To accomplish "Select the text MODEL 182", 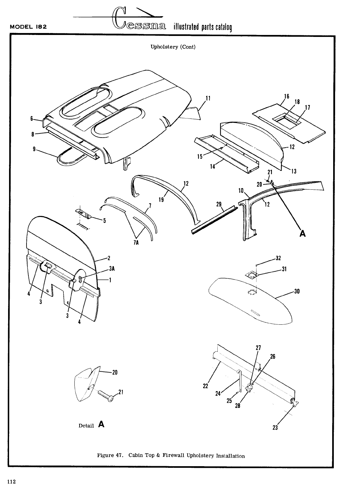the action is point(29,27).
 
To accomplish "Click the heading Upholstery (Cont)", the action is point(173,47).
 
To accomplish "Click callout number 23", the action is point(275,427).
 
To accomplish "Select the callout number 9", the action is point(34,150).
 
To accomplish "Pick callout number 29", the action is point(219,204).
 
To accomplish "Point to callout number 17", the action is point(307,107).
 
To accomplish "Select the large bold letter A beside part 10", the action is point(302,233).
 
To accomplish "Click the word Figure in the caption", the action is point(105,456).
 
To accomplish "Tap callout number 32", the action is point(278,258).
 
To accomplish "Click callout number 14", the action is point(213,166).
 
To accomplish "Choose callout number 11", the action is point(209,98).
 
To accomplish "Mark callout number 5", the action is point(104,221).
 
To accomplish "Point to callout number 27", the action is point(258,348).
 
